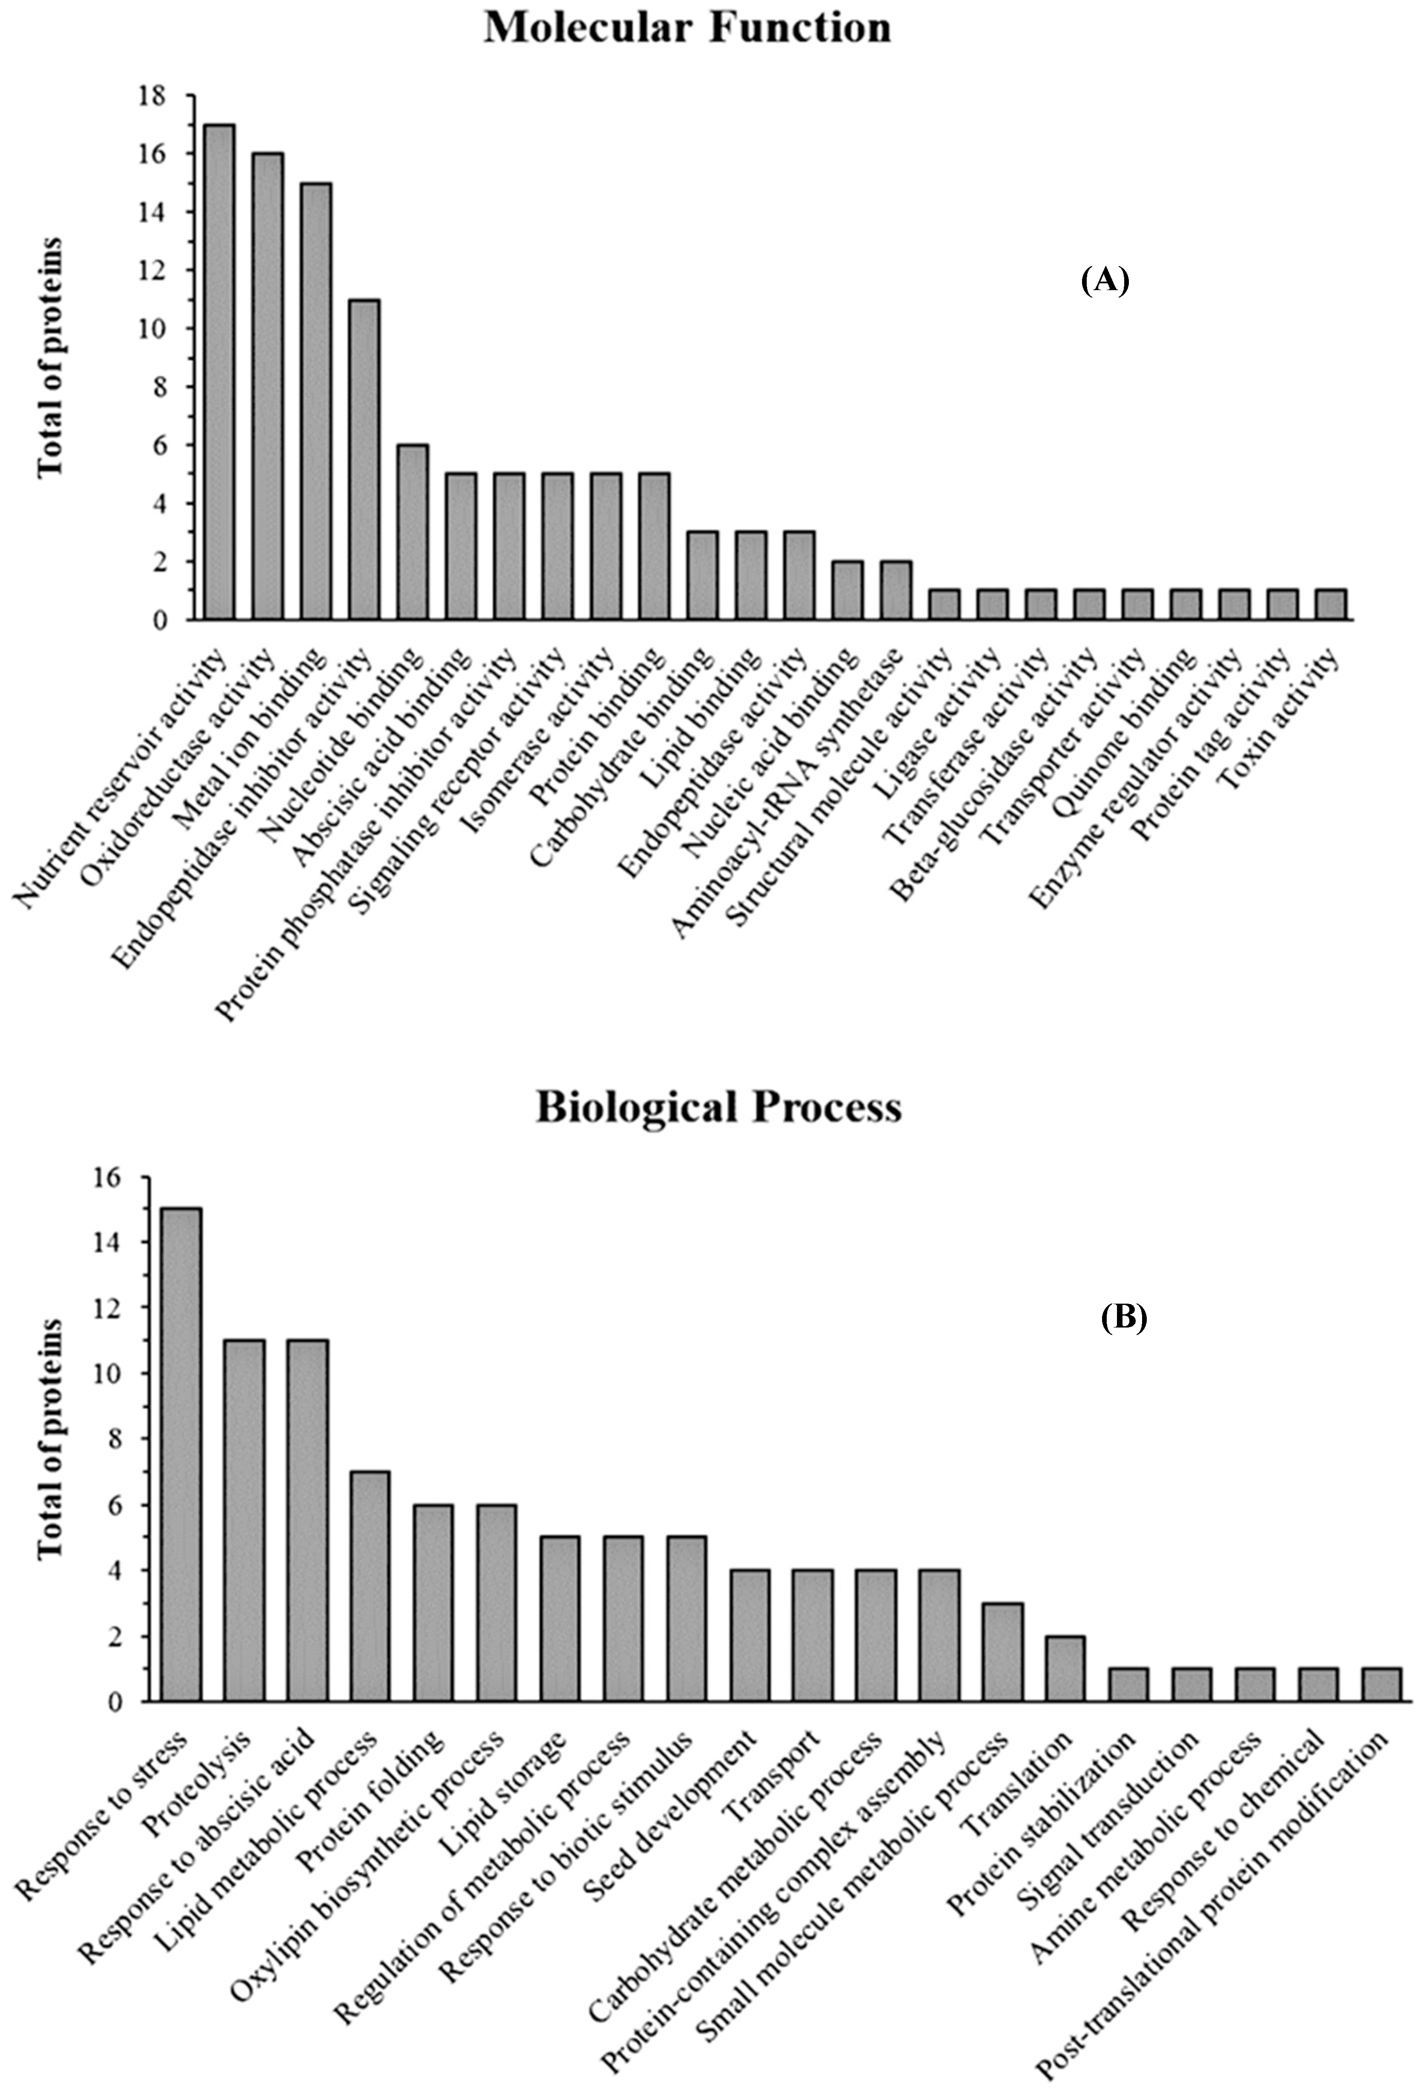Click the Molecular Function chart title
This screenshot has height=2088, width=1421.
(x=687, y=27)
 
